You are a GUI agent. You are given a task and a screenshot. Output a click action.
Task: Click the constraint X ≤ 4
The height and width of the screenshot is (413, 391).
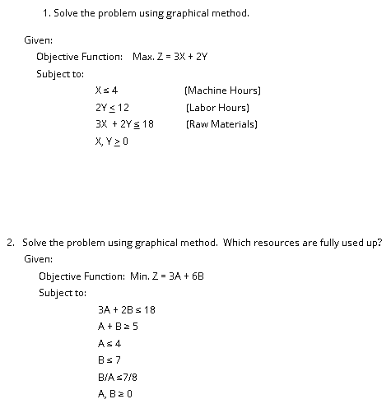108,90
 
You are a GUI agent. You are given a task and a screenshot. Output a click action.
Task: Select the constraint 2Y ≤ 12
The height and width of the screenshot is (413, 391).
112,107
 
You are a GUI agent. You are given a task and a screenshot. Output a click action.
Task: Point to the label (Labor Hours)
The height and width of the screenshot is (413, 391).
217,107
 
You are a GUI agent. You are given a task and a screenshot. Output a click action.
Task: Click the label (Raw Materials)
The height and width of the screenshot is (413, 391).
222,124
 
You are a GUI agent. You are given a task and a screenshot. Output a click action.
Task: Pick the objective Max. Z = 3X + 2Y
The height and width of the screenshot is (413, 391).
170,56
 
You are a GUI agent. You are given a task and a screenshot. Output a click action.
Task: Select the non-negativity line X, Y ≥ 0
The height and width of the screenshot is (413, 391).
113,142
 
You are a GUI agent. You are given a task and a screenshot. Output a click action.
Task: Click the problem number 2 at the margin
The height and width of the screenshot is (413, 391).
9,243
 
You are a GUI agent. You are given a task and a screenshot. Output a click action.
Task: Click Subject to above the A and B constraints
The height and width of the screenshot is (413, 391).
62,292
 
